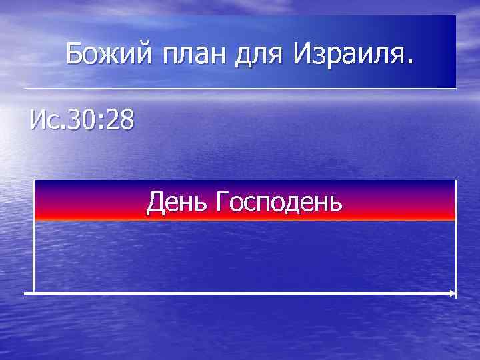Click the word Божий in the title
[x=107, y=52]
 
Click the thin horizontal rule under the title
[x=240, y=89]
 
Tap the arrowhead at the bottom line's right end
[x=454, y=293]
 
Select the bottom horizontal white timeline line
[x=240, y=293]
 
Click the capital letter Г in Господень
[x=221, y=199]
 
